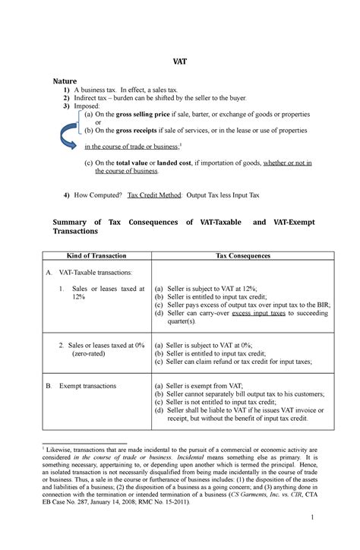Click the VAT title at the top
pos(180,66)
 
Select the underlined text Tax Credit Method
pos(153,194)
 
